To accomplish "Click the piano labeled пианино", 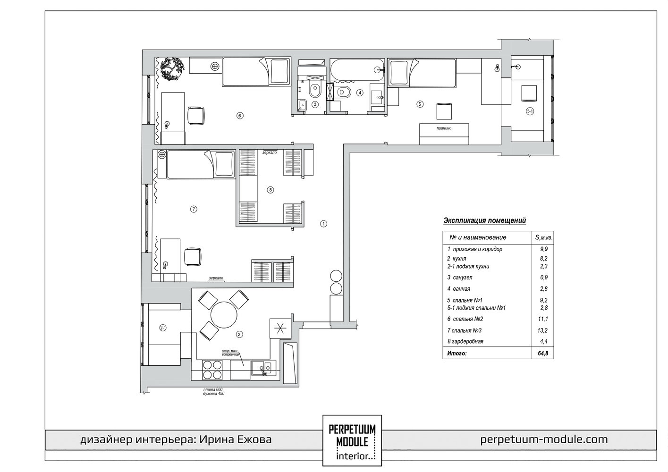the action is pos(444,134).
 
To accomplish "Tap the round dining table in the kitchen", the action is pos(224,315).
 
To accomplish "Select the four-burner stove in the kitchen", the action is pos(212,370).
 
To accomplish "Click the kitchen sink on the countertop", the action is pos(263,368).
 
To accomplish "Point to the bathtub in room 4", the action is pos(357,69).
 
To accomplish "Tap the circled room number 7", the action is pos(194,209).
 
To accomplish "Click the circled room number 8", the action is pos(270,190).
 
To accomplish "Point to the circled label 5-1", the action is pos(530,111).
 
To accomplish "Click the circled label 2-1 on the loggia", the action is pos(163,328).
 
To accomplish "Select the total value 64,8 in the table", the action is pos(543,354).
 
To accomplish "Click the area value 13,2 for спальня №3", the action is pos(543,330).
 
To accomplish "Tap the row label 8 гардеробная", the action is pos(465,341).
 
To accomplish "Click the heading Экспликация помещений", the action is pos(485,220).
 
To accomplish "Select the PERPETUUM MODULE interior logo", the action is pos(352,440).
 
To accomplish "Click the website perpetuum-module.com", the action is pos(544,439).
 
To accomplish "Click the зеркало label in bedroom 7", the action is pos(216,278).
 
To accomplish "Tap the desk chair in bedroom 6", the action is pos(195,116).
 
